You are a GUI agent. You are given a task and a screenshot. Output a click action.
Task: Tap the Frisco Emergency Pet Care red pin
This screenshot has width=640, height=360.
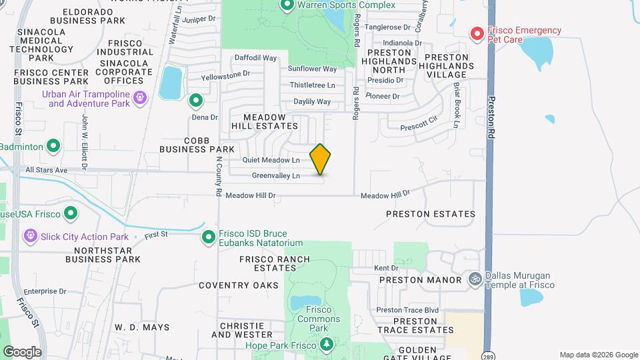477,33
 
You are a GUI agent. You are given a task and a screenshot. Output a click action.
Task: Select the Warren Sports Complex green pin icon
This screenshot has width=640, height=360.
287,6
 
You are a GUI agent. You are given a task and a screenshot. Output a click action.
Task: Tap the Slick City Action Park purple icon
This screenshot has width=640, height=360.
30,236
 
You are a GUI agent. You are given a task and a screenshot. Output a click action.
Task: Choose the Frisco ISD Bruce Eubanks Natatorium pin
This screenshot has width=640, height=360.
209,237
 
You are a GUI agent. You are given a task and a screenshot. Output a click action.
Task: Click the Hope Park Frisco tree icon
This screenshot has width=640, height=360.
327,345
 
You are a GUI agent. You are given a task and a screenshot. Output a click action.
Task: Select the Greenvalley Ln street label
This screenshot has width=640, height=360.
275,176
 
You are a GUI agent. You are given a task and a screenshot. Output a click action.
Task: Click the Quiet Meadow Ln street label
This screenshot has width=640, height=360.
271,160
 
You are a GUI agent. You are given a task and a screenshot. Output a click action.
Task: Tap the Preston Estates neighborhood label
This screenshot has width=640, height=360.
431,214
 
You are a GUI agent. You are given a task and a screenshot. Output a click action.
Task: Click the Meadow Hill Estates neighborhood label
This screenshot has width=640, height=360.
265,121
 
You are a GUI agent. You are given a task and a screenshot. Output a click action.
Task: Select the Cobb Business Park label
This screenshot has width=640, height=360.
197,144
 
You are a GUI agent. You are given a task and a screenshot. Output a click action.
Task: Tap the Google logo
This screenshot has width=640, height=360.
22,352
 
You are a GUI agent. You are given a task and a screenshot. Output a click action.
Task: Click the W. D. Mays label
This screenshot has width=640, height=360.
142,327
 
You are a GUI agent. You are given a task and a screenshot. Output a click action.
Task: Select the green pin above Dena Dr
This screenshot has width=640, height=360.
196,101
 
